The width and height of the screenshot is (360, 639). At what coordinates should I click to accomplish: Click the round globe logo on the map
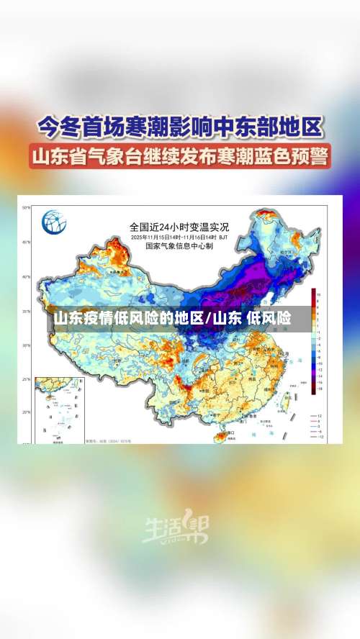point(54,221)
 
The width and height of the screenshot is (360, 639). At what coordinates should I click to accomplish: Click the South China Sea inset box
point(59,407)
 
